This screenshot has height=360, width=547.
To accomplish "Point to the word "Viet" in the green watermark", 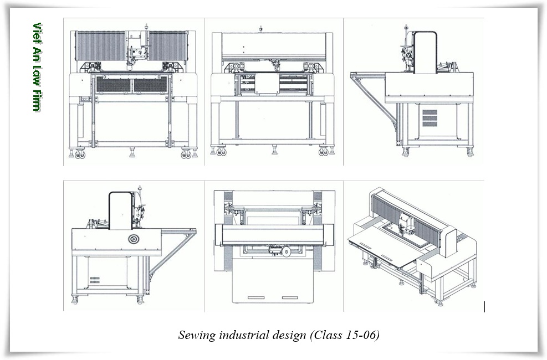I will [37, 34].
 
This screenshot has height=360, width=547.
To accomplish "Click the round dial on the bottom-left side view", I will [133, 239].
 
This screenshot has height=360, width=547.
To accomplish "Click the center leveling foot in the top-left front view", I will [132, 150].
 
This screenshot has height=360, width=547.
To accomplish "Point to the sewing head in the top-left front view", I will [135, 52].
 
